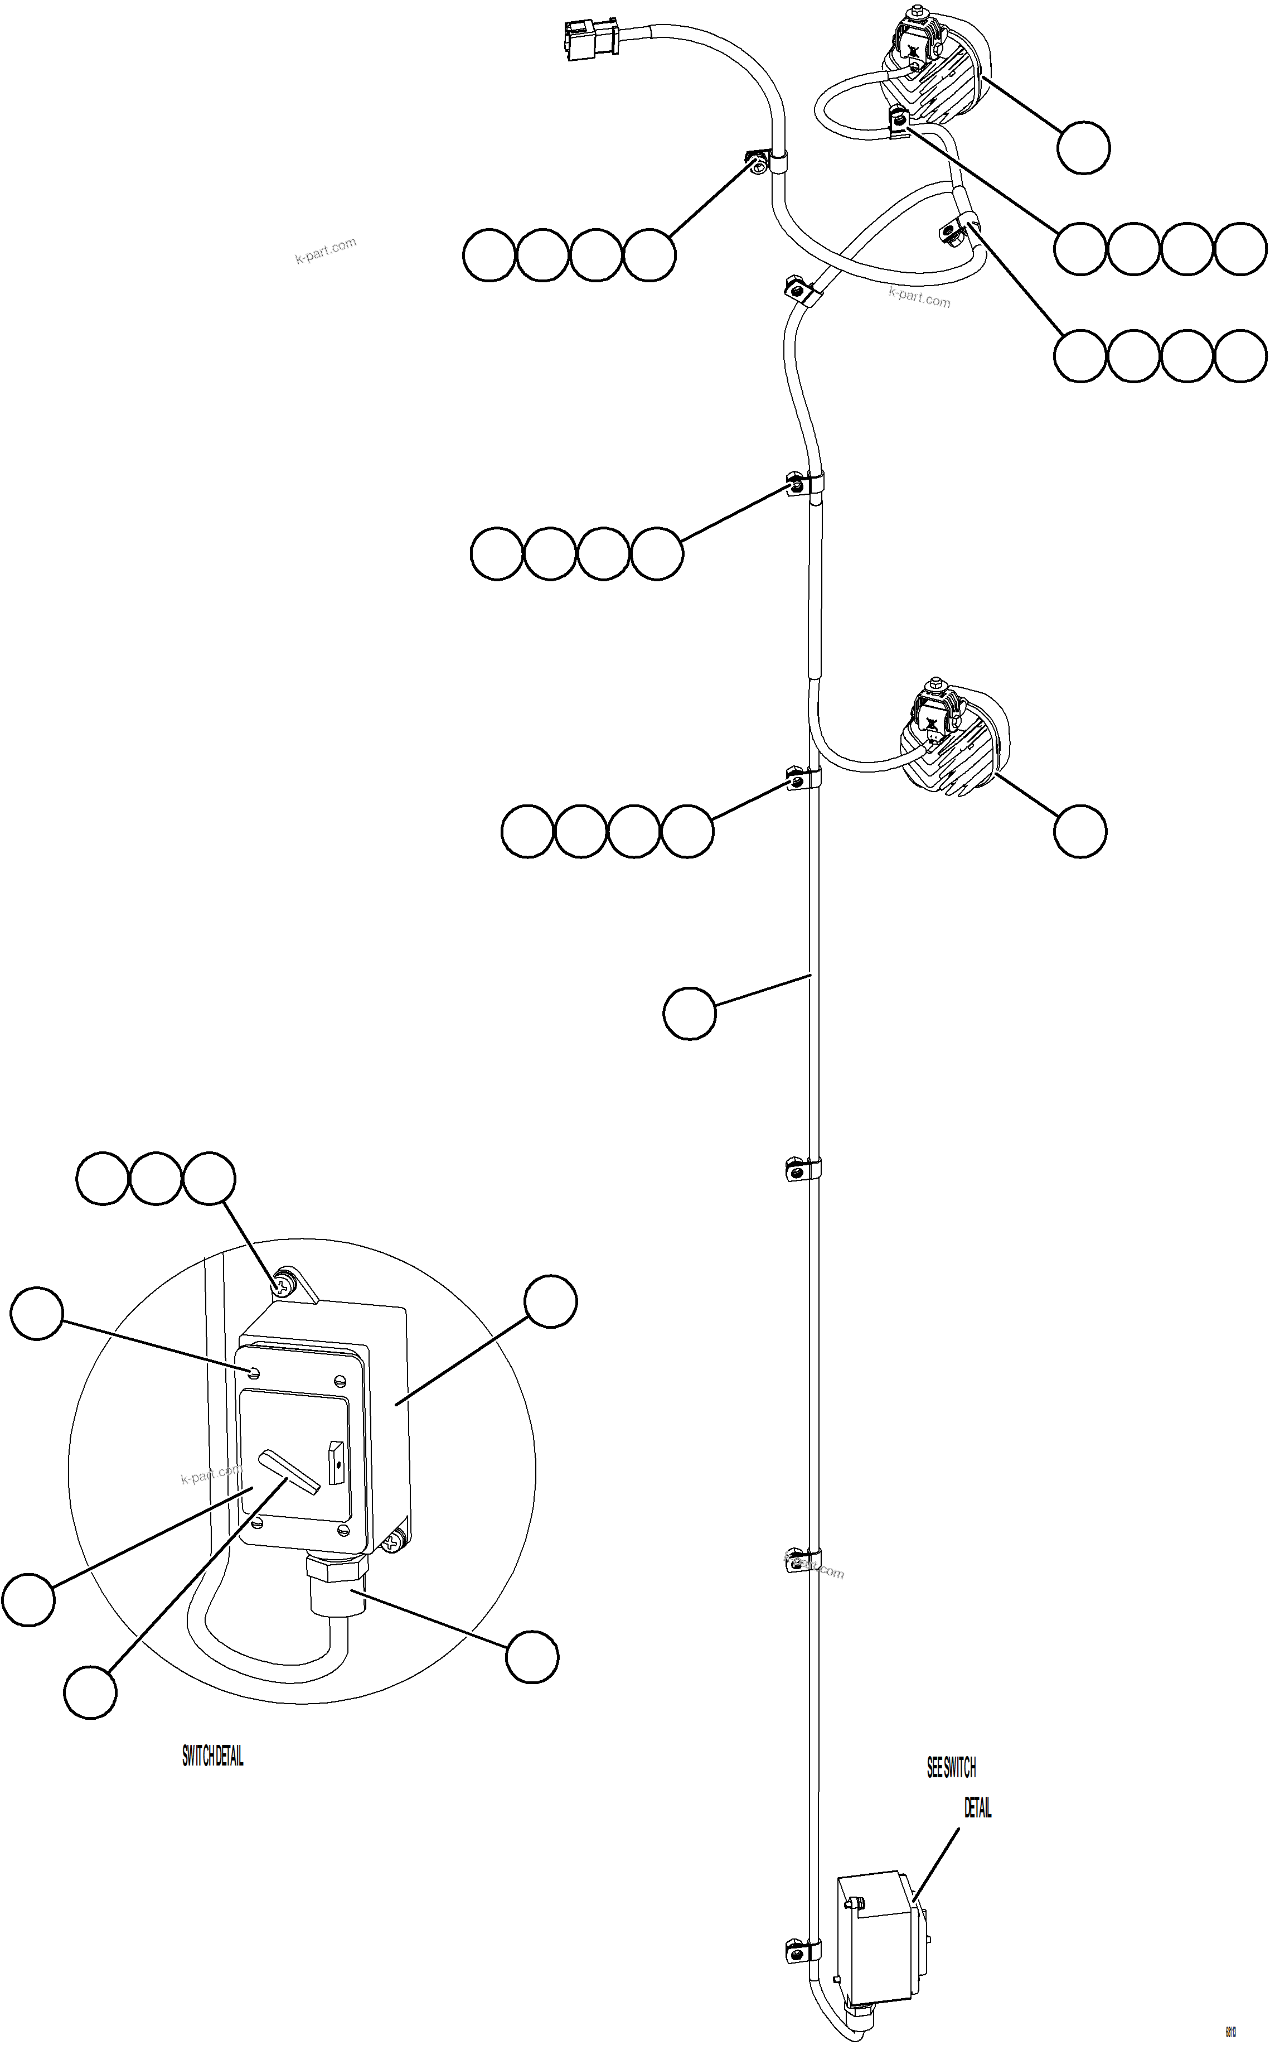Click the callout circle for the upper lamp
[1083, 148]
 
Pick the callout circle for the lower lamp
[1080, 831]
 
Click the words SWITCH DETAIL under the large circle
[212, 1756]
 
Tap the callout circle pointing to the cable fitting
[532, 1657]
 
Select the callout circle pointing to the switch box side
[550, 1301]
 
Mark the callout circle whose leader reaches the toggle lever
[90, 1692]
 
